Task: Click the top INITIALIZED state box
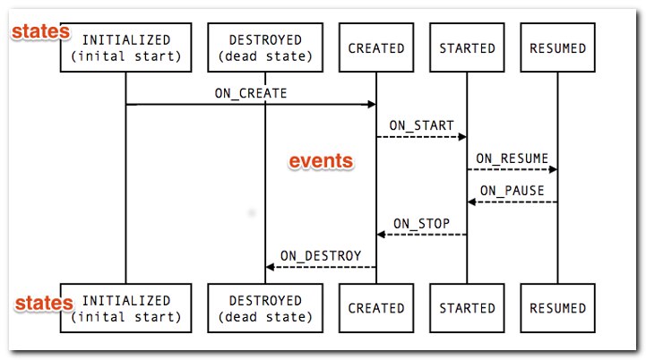(x=125, y=47)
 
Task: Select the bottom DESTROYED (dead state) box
(x=265, y=308)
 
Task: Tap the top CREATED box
(x=376, y=47)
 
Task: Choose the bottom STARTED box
(x=467, y=308)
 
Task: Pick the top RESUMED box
(x=558, y=47)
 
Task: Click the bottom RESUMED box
(x=558, y=308)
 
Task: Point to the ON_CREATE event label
(x=251, y=93)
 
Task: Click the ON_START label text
(x=421, y=125)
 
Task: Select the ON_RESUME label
(x=512, y=159)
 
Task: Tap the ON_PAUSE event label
(x=512, y=191)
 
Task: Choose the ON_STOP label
(x=421, y=224)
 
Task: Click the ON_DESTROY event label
(x=321, y=256)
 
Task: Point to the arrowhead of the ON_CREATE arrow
(x=372, y=104)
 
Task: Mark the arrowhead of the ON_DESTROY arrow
(x=271, y=267)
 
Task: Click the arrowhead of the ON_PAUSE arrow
(x=472, y=201)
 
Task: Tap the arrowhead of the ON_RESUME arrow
(x=553, y=169)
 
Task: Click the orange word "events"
(x=321, y=161)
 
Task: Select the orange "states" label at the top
(x=41, y=31)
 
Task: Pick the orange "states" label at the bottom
(x=44, y=304)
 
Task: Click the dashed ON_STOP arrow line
(x=422, y=235)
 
